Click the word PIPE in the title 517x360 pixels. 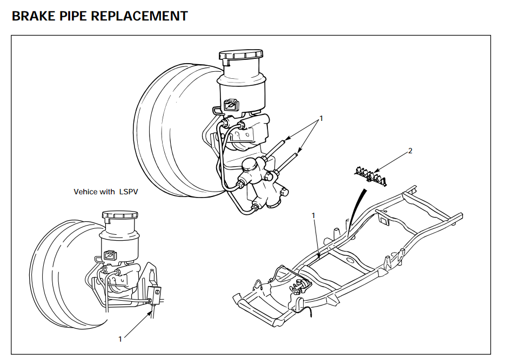click(x=72, y=16)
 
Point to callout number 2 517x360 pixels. click(x=410, y=151)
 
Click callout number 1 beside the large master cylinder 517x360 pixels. click(x=321, y=118)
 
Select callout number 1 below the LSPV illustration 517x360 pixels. click(x=120, y=339)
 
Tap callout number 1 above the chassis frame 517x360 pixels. click(x=313, y=215)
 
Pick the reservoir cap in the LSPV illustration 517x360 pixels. click(x=121, y=215)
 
